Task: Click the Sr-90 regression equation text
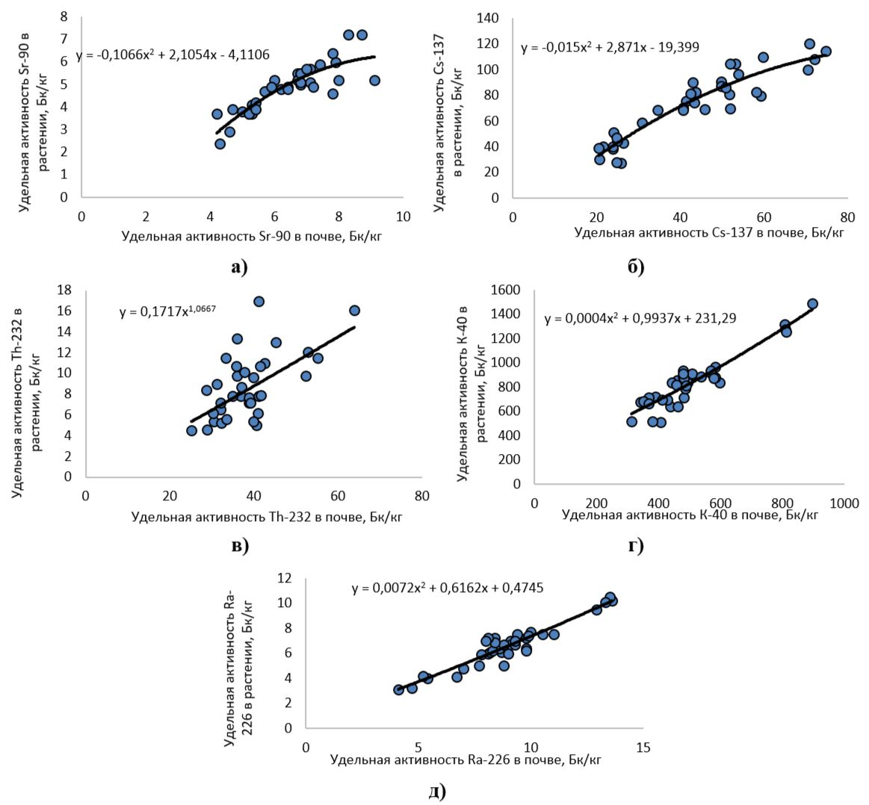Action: [173, 55]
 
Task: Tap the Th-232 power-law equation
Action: [167, 312]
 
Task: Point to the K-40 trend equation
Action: [640, 319]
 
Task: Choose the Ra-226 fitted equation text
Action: [448, 588]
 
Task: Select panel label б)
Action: [636, 267]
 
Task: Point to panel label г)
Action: [636, 546]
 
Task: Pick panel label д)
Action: [437, 791]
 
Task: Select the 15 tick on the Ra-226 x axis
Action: [643, 747]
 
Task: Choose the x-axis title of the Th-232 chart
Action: [266, 516]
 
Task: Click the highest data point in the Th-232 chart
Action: [259, 302]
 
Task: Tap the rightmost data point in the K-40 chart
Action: [812, 304]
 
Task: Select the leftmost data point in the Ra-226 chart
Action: [399, 689]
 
